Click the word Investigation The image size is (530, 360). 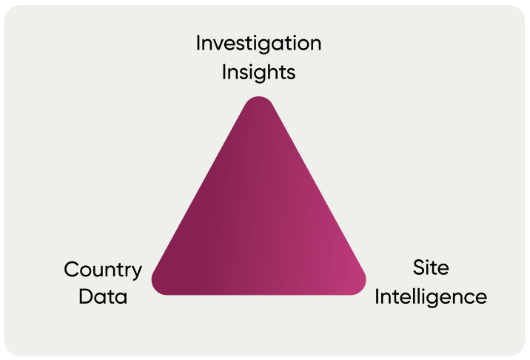(258, 43)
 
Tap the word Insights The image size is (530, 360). (258, 72)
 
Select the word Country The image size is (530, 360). (103, 270)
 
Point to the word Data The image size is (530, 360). (103, 297)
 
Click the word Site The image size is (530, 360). (431, 267)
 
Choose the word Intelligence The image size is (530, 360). (431, 297)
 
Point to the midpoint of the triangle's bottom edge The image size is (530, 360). (259, 294)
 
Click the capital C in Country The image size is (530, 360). (71, 270)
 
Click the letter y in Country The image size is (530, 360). (136, 272)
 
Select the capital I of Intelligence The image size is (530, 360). (378, 297)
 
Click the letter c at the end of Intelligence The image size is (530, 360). (469, 299)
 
